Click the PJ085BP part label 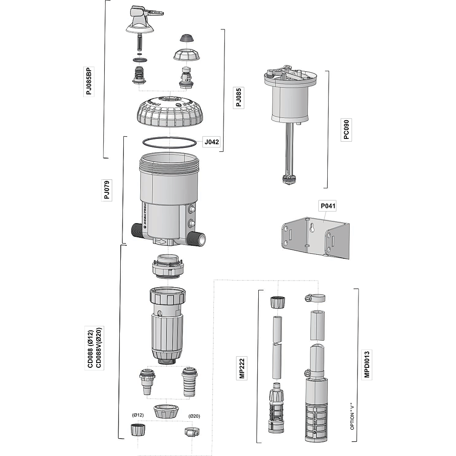click(x=90, y=81)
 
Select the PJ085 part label click(x=239, y=97)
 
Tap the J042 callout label click(x=211, y=142)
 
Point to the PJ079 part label click(x=107, y=190)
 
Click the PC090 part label click(x=346, y=130)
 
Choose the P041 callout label click(x=328, y=206)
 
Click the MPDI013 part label click(x=367, y=364)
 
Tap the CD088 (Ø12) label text click(x=90, y=348)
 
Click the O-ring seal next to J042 click(x=169, y=142)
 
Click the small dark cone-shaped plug click(x=187, y=37)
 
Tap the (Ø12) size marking click(x=138, y=415)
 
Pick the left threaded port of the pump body click(x=137, y=230)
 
